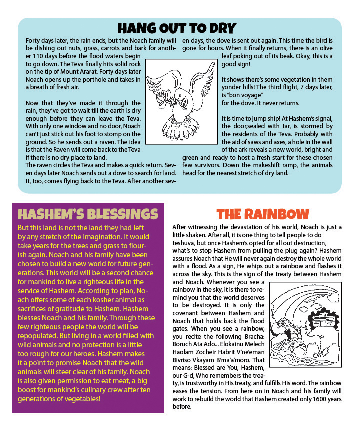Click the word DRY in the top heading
(220, 27)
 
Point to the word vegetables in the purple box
(82, 398)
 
